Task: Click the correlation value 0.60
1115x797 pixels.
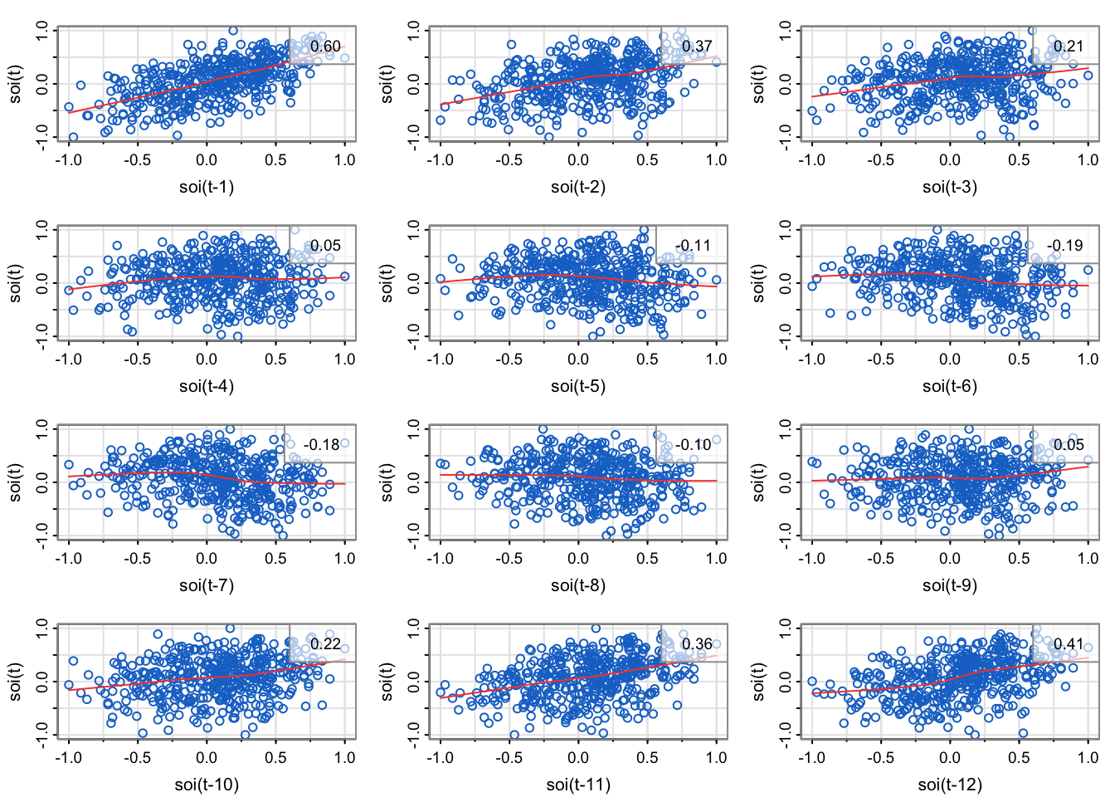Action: click(x=325, y=46)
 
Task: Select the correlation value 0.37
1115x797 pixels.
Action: click(x=697, y=46)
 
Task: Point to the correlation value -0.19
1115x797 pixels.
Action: click(x=1064, y=246)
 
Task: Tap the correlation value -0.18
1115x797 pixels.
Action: click(x=321, y=445)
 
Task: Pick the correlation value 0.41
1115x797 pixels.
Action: click(x=1069, y=644)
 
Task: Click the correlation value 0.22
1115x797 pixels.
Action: click(x=325, y=644)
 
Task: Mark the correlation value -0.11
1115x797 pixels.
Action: click(x=693, y=246)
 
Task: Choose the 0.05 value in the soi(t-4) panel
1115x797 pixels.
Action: click(x=325, y=246)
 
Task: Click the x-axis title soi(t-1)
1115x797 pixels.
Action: click(x=207, y=187)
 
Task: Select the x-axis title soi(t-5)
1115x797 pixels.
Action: click(x=578, y=386)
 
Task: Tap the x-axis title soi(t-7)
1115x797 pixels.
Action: click(x=207, y=585)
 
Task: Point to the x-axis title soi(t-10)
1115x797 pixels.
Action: click(x=207, y=785)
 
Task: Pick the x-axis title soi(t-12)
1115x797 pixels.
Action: click(x=950, y=785)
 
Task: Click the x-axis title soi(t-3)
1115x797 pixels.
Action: click(x=950, y=187)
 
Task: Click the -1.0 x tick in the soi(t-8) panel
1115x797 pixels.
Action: click(x=440, y=559)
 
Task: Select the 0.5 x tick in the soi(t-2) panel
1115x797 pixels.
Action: click(x=647, y=160)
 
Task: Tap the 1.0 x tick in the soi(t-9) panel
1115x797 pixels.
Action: click(x=1088, y=559)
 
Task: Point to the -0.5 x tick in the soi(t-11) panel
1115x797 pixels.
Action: click(x=509, y=758)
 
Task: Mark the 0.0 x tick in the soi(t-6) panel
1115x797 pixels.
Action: click(x=950, y=359)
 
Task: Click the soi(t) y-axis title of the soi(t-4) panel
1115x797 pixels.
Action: click(x=16, y=282)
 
